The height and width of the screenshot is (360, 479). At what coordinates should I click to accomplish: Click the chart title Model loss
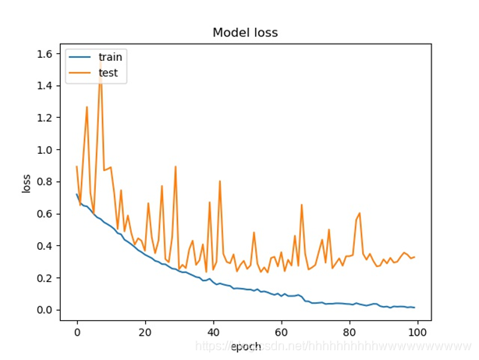tap(245, 33)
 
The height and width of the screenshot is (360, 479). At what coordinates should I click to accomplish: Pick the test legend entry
tap(108, 73)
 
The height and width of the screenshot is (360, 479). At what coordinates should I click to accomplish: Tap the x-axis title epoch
tap(246, 346)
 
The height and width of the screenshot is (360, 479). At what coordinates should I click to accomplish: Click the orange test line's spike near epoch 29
tap(176, 167)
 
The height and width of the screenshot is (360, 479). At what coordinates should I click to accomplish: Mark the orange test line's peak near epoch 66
tap(301, 205)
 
